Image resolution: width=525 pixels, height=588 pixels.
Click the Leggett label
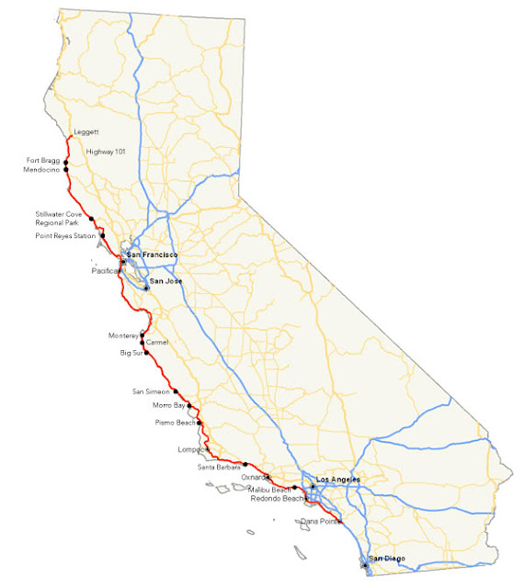tap(86, 132)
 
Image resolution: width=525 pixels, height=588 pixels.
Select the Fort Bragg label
tap(43, 161)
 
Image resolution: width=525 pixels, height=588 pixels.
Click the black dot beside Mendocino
tap(66, 171)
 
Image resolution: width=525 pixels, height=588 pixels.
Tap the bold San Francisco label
tap(152, 254)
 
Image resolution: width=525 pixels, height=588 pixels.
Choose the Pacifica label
tap(107, 271)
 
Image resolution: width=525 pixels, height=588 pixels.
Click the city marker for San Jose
tap(146, 288)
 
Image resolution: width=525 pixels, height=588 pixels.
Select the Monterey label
tap(121, 335)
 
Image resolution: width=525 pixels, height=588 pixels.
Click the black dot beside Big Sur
tap(146, 353)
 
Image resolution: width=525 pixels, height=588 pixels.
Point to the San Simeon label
tap(152, 391)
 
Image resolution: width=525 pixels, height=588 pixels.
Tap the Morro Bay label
tap(169, 405)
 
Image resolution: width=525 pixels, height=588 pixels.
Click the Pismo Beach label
tap(174, 423)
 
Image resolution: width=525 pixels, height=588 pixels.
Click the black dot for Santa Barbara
tap(245, 465)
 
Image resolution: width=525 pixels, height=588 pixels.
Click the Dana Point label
tap(318, 521)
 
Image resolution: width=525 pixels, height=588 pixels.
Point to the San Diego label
tap(386, 559)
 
